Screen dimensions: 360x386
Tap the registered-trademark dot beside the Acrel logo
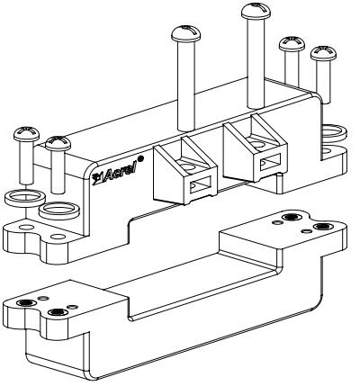coord(141,157)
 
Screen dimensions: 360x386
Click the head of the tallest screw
coord(256,11)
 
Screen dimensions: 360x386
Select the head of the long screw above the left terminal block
coord(186,33)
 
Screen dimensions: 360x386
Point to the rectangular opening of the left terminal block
coord(201,184)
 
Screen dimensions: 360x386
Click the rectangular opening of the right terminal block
coord(271,162)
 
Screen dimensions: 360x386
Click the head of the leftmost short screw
coord(26,134)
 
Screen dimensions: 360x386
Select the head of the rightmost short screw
coord(323,53)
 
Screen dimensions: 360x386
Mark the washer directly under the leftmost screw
coord(25,198)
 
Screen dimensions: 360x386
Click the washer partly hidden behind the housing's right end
coord(335,132)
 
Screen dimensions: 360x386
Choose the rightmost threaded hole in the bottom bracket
coord(323,227)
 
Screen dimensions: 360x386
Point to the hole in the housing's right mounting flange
coord(328,150)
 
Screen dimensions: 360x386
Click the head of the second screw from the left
coord(58,143)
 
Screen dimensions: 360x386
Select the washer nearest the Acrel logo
coord(59,211)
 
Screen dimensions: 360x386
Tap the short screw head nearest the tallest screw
coord(292,44)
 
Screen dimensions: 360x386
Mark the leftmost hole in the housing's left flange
coord(26,227)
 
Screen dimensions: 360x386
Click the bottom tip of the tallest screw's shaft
coord(256,107)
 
